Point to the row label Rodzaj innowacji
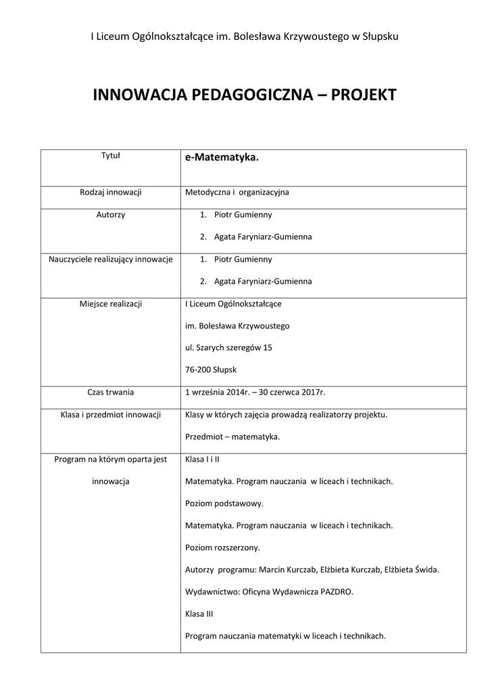pyautogui.click(x=110, y=193)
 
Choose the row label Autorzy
pyautogui.click(x=110, y=215)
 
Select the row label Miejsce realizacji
pyautogui.click(x=110, y=303)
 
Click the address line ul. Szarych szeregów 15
pyautogui.click(x=229, y=348)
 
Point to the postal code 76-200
pyautogui.click(x=197, y=370)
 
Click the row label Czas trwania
pyautogui.click(x=110, y=392)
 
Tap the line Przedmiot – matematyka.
pyautogui.click(x=232, y=437)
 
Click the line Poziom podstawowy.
pyautogui.click(x=224, y=503)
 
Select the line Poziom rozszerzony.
pyautogui.click(x=222, y=547)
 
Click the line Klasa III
pyautogui.click(x=199, y=614)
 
